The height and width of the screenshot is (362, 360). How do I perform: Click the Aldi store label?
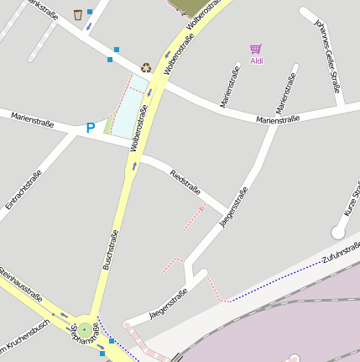[x=257, y=60]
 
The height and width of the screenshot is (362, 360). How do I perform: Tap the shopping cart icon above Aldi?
[x=256, y=49]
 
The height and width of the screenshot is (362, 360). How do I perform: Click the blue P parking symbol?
[x=91, y=129]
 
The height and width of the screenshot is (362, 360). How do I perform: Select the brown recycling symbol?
[x=146, y=67]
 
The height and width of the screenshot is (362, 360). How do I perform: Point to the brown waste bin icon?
[x=78, y=14]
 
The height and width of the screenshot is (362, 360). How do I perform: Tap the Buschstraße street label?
[x=110, y=250]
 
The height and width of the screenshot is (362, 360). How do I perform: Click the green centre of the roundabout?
[x=84, y=331]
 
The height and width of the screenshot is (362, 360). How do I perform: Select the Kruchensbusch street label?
[x=25, y=335]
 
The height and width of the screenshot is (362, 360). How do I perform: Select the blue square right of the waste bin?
[x=90, y=12]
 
